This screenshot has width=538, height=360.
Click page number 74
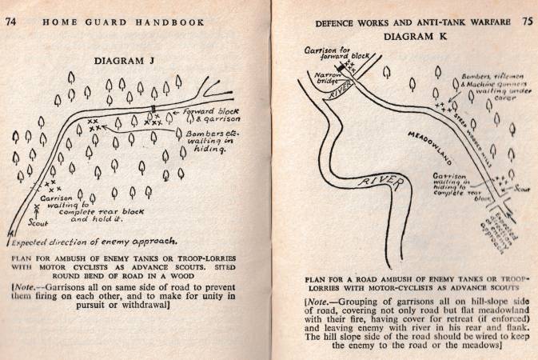pos(11,21)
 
